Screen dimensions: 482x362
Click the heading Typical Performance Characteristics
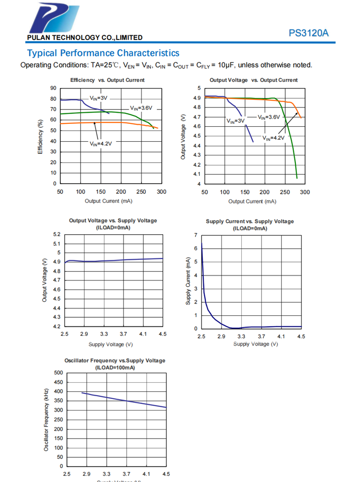(103, 53)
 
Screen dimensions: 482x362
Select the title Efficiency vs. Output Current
(107, 80)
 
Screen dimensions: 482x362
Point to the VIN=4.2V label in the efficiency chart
(100, 143)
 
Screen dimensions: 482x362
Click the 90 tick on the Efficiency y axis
(53, 88)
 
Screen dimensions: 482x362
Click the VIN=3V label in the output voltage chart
(236, 121)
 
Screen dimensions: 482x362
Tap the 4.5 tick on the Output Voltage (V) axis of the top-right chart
(197, 136)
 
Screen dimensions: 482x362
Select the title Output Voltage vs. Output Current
(253, 80)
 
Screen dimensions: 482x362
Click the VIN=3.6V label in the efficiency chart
(141, 108)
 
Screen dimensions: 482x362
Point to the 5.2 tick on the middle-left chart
(56, 234)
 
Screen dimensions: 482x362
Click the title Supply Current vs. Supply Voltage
(250, 221)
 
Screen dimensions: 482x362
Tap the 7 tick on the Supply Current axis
(195, 235)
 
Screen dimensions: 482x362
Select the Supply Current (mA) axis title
(188, 281)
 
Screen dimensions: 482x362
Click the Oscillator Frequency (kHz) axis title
(46, 419)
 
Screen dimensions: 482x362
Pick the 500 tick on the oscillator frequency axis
(58, 373)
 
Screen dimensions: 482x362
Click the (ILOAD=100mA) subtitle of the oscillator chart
(115, 367)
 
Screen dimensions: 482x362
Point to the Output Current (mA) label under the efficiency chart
(109, 201)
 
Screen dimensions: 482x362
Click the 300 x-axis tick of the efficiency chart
(162, 192)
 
